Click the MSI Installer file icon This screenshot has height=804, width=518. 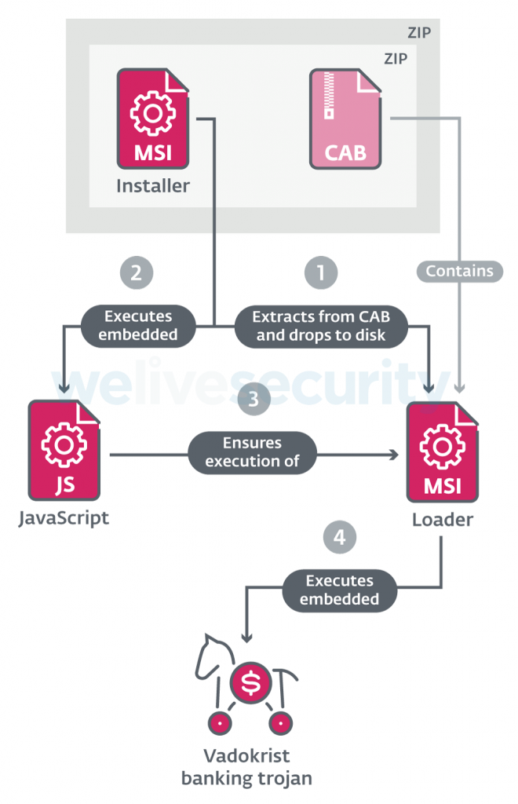153,119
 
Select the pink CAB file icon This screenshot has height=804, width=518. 345,119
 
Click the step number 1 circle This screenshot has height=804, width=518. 320,272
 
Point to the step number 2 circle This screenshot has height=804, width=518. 136,272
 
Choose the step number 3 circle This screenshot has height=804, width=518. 253,399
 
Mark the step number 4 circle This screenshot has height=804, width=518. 339,538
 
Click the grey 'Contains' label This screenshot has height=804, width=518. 460,271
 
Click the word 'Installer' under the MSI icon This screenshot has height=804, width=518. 153,187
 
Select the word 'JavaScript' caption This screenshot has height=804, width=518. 64,519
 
